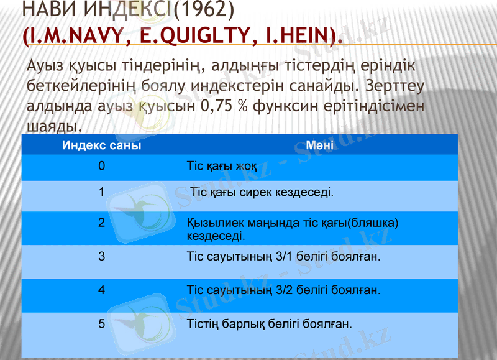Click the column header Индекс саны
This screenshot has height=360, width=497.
pyautogui.click(x=101, y=147)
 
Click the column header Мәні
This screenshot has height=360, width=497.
pyautogui.click(x=320, y=147)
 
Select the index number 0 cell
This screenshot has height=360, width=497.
pyautogui.click(x=101, y=167)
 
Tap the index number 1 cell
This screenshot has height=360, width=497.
pyautogui.click(x=101, y=192)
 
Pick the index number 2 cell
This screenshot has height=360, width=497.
pyautogui.click(x=101, y=223)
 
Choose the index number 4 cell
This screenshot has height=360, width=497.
pyautogui.click(x=101, y=290)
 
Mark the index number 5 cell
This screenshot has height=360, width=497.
pyautogui.click(x=101, y=323)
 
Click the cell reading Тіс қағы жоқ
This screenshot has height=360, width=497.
pyautogui.click(x=222, y=167)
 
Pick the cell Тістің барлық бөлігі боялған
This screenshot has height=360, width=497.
pyautogui.click(x=269, y=323)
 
